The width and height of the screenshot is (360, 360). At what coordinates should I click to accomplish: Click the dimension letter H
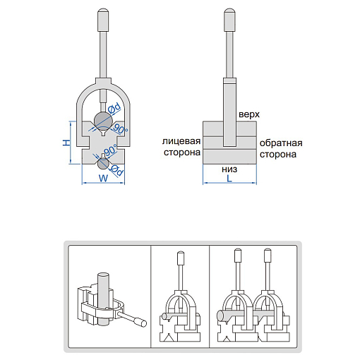tap(67, 143)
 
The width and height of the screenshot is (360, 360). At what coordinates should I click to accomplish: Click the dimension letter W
tap(103, 178)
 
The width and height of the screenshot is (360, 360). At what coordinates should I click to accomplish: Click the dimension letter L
tap(229, 179)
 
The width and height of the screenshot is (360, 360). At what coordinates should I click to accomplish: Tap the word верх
tap(249, 114)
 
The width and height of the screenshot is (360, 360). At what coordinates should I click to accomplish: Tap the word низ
tap(229, 169)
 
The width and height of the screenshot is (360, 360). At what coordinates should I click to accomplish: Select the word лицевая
tap(181, 141)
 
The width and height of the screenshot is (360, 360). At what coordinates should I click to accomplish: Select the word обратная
tap(281, 143)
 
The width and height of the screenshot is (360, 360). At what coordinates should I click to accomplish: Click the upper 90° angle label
tap(121, 129)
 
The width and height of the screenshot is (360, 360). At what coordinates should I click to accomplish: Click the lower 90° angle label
tap(110, 150)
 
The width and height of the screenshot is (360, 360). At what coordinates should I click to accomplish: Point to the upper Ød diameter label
tap(114, 107)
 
